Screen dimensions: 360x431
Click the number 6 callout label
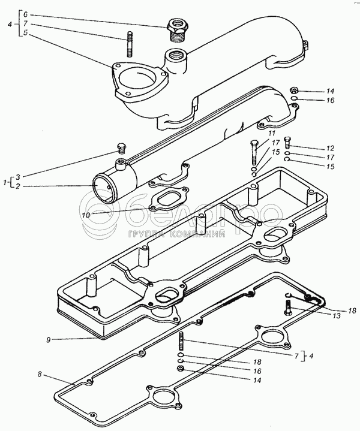point(25,14)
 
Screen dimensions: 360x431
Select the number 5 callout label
point(25,33)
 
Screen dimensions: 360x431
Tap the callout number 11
point(272,134)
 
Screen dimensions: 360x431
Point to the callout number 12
point(330,148)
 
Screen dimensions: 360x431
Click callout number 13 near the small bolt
point(337,316)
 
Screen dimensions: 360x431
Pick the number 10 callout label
point(86,215)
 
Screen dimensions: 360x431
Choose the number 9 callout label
point(49,340)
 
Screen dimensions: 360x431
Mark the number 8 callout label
point(40,375)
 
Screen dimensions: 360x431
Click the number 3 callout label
point(18,177)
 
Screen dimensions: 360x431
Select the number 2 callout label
point(18,186)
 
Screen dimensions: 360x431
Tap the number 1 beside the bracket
point(5,182)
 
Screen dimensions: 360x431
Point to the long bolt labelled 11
point(254,152)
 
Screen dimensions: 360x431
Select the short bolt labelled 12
point(287,142)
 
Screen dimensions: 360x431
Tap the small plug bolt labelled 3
point(121,149)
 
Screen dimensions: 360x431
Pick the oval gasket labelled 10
point(169,199)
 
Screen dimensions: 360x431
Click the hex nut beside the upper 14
point(294,90)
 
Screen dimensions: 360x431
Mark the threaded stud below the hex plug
point(130,44)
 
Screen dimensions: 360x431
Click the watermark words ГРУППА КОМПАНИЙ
point(176,234)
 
